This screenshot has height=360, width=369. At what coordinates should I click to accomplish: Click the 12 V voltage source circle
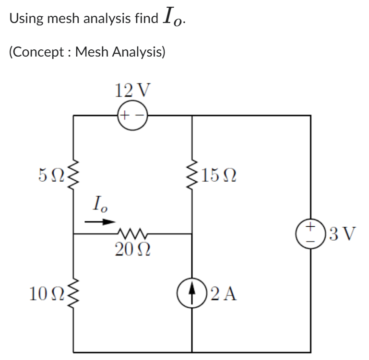coord(132,116)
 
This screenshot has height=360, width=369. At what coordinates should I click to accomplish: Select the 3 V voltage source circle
coord(310,234)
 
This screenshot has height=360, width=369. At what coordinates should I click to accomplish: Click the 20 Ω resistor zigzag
coord(132,233)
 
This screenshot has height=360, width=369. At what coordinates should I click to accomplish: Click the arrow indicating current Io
coord(100,222)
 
